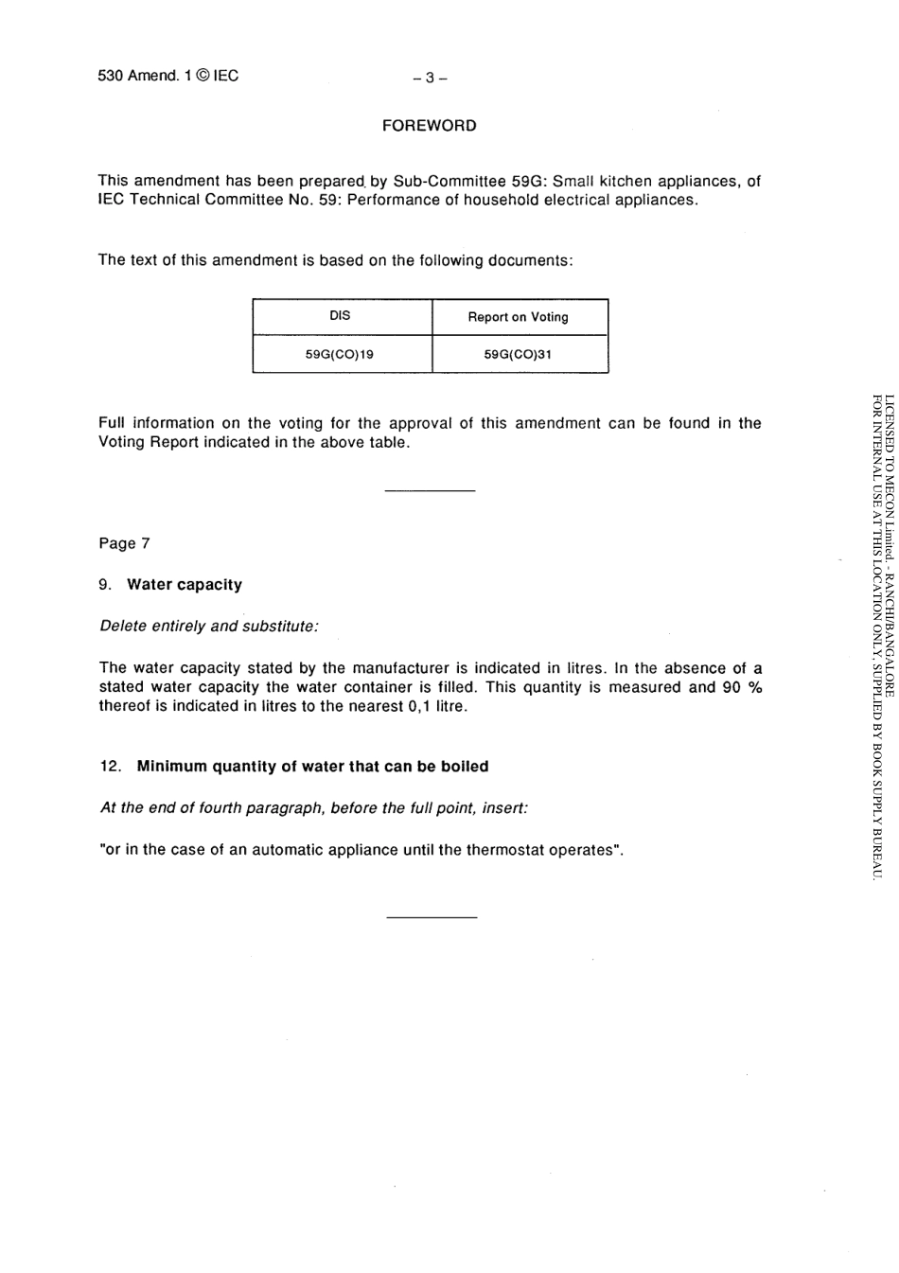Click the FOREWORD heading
pyautogui.click(x=429, y=126)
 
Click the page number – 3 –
pyautogui.click(x=429, y=78)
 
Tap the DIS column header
pyautogui.click(x=340, y=316)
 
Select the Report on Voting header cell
pyautogui.click(x=518, y=317)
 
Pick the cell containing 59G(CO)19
pyautogui.click(x=340, y=355)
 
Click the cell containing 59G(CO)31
pyautogui.click(x=518, y=355)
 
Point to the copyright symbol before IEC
pyautogui.click(x=201, y=76)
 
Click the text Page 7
pyautogui.click(x=124, y=543)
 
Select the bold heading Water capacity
pyautogui.click(x=185, y=585)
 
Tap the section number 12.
pyautogui.click(x=110, y=767)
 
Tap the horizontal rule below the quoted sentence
pyautogui.click(x=432, y=917)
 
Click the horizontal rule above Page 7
pyautogui.click(x=430, y=490)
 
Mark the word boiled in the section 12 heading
pyautogui.click(x=465, y=767)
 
